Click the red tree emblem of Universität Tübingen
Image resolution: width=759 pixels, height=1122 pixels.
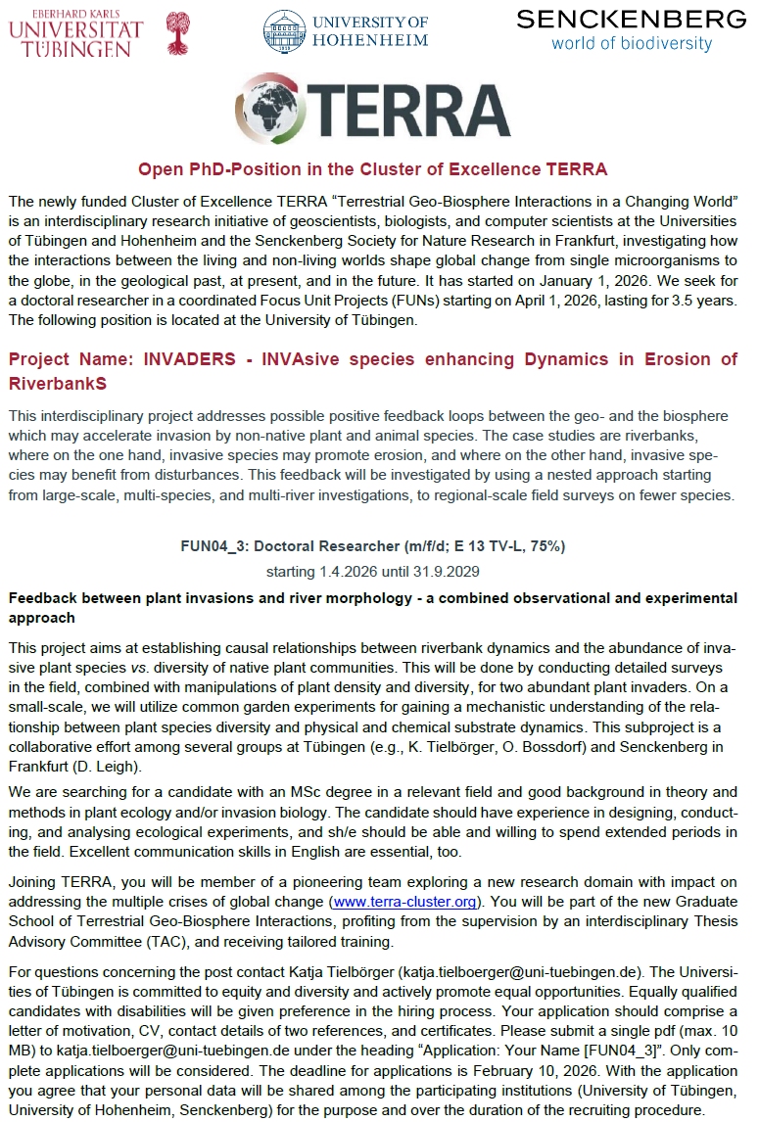pos(177,32)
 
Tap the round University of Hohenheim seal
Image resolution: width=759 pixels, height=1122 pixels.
pos(284,30)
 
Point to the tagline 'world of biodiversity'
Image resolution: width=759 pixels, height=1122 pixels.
pos(631,43)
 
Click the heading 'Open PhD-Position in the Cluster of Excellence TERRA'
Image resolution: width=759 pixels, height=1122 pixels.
pos(372,169)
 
